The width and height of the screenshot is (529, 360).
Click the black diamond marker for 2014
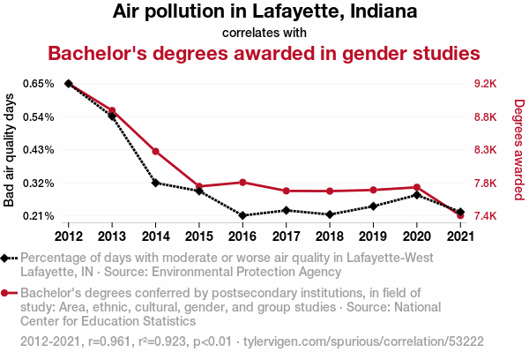click(x=155, y=183)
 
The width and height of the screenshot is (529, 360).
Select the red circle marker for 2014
click(x=155, y=151)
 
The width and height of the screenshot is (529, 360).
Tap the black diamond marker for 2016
click(x=242, y=215)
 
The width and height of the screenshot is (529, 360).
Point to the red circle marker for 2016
click(x=242, y=183)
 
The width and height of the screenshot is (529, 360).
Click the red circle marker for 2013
click(x=112, y=110)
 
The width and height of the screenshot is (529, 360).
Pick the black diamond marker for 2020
click(x=417, y=195)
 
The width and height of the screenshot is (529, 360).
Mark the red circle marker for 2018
click(x=330, y=191)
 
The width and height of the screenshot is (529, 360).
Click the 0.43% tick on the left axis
click(x=39, y=150)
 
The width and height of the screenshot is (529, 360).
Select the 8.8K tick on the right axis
click(x=485, y=117)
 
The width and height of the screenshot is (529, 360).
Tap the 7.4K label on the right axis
click(x=485, y=216)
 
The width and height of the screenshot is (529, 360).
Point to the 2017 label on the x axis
click(x=286, y=236)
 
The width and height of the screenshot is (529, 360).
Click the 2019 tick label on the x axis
click(x=373, y=236)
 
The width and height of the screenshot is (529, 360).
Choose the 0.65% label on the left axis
click(x=39, y=84)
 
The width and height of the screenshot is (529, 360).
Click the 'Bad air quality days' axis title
click(x=9, y=150)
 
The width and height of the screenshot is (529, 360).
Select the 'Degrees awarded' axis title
click(x=519, y=150)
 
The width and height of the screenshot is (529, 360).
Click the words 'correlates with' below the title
click(x=264, y=34)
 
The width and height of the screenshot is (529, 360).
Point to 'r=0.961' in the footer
click(x=109, y=341)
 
